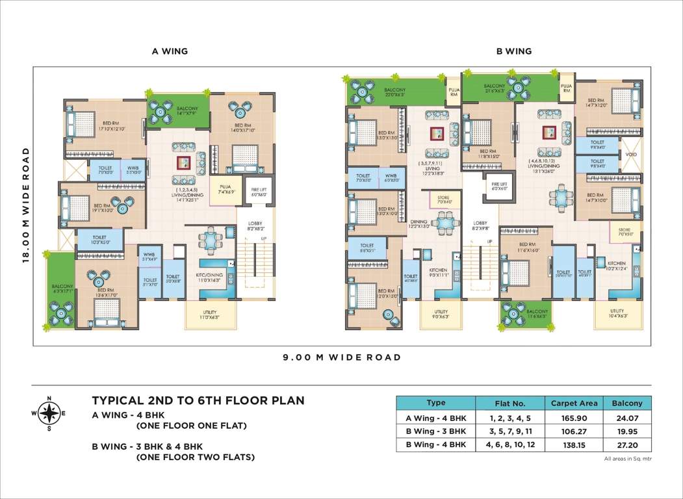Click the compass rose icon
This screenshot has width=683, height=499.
tap(49, 412)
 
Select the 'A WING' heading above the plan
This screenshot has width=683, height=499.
tap(170, 51)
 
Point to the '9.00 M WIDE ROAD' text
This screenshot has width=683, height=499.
tap(341, 357)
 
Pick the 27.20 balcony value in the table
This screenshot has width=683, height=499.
tap(626, 444)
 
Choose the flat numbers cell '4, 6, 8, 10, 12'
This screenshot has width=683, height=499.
tap(510, 444)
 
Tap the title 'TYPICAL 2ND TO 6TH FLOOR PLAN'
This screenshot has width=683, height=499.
tap(198, 400)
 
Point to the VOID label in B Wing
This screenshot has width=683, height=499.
tap(630, 155)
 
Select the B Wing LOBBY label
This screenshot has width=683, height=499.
tap(480, 225)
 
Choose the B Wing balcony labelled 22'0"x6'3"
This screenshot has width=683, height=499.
tap(394, 92)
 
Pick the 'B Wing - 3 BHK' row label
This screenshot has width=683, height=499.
tap(435, 431)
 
